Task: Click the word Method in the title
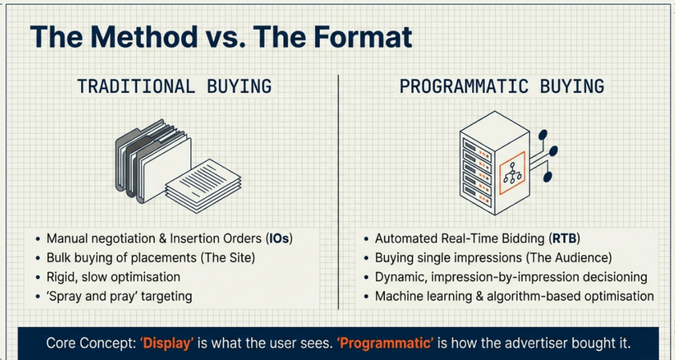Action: (x=144, y=37)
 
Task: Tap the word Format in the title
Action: (x=363, y=37)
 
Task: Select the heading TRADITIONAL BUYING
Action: (x=174, y=86)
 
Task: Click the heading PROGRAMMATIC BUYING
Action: (x=502, y=86)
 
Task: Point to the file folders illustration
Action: (x=153, y=162)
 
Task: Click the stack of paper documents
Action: (x=203, y=186)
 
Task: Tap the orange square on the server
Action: (x=512, y=173)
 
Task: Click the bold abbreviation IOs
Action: (x=278, y=239)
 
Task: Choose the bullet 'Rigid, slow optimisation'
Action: (x=113, y=277)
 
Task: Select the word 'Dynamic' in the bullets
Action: (x=400, y=277)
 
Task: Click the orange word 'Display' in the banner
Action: (x=167, y=344)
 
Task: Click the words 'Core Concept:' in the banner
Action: (x=90, y=344)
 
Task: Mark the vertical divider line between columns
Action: (x=338, y=192)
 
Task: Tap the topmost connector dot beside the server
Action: (x=543, y=135)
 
